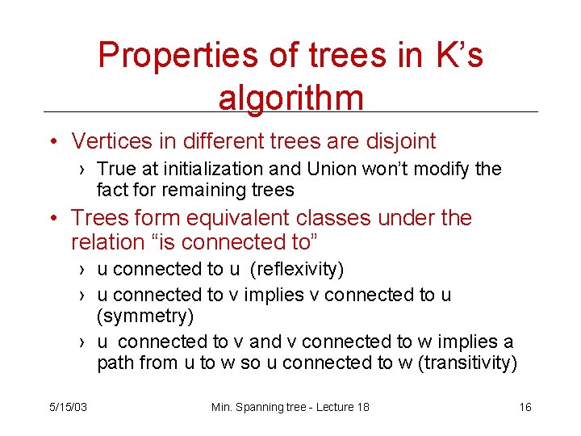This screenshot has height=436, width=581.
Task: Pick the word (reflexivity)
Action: click(x=297, y=268)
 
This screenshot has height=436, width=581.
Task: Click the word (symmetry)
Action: click(x=145, y=315)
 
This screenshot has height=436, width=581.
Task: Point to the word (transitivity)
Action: click(x=469, y=363)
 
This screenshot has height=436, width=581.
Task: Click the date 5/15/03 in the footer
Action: click(x=68, y=407)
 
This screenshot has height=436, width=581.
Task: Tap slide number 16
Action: click(x=525, y=407)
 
